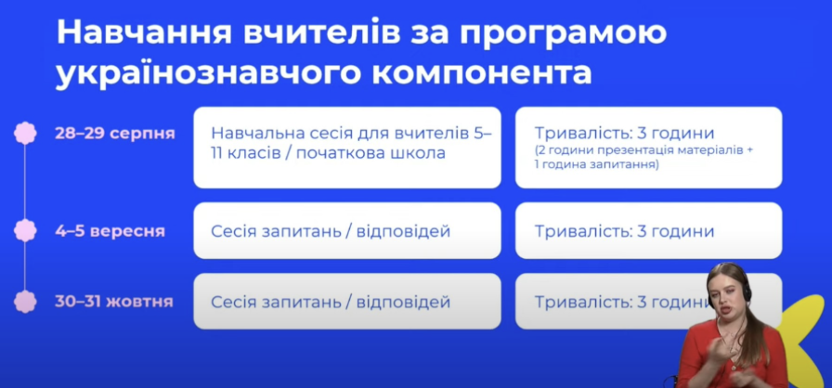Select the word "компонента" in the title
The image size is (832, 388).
481,74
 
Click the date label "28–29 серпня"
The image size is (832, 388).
114,133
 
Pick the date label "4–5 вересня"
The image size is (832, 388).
110,232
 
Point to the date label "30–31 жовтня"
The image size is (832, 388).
114,302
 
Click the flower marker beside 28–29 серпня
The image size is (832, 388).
25,133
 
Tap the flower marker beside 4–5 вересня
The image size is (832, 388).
25,230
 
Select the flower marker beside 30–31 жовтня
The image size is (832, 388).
25,301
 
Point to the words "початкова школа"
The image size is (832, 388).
369,154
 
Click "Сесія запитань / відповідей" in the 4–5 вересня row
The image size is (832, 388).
331,232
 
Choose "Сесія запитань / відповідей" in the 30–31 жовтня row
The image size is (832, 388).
331,302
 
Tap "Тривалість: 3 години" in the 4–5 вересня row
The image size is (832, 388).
625,232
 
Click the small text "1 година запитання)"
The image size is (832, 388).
597,164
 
